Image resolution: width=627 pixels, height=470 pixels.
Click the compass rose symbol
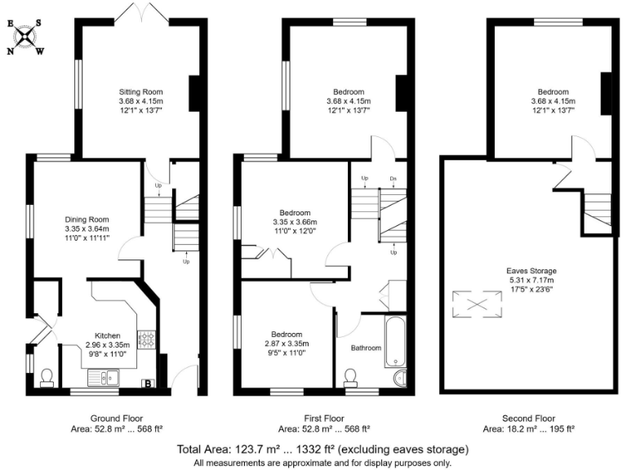[x=27, y=37]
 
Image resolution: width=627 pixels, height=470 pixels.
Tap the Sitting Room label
[x=136, y=91]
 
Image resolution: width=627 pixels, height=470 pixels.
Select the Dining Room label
[x=87, y=219]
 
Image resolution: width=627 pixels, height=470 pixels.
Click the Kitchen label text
[x=108, y=335]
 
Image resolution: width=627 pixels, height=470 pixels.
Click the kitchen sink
[x=103, y=377]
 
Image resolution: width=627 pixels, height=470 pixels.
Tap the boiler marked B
[x=149, y=383]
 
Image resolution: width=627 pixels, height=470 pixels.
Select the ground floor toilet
[x=47, y=376]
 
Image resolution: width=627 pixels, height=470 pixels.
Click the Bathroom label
[x=366, y=348]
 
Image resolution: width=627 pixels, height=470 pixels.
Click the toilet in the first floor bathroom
[x=351, y=376]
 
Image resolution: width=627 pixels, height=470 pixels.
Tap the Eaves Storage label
[x=529, y=271]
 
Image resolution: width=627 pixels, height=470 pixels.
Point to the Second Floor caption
[x=529, y=416]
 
